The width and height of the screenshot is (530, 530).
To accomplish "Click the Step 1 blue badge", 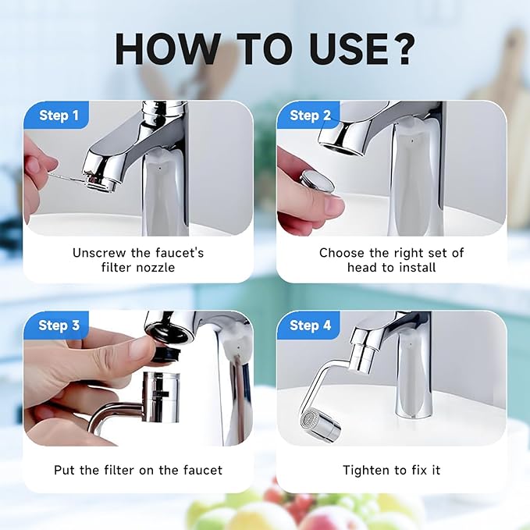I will (59, 116).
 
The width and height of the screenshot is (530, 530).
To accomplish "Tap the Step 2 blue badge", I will (310, 116).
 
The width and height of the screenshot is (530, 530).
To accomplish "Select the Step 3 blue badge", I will (59, 325).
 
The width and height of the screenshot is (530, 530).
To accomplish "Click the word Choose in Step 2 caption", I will (340, 252).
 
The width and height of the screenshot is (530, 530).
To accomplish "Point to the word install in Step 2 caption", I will (414, 267).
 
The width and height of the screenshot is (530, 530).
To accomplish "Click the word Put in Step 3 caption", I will (65, 470).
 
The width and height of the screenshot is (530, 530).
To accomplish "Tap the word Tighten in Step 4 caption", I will (367, 470).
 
